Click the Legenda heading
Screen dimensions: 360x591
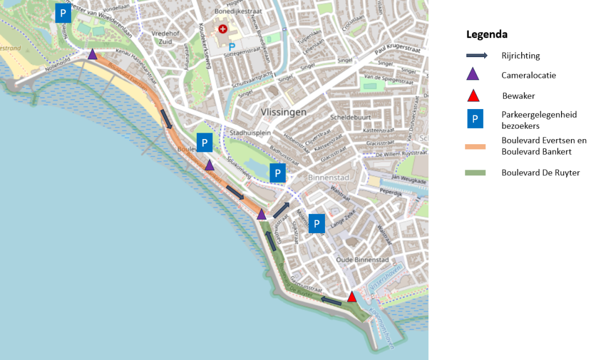pos(487,35)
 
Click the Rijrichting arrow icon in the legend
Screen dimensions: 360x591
pos(477,56)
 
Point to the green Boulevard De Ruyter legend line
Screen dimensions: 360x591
pos(476,172)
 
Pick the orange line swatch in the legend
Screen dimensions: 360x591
pos(476,146)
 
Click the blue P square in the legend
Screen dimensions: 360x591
pos(474,119)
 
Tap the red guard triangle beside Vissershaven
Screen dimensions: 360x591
pos(351,297)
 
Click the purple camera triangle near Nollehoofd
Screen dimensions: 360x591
pos(92,54)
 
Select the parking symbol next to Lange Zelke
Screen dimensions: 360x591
pos(317,223)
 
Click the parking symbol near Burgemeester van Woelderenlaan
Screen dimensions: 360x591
pos(63,13)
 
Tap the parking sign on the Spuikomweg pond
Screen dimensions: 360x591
pos(278,172)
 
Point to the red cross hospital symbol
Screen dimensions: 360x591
pos(223,28)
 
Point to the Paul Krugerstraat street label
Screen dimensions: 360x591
pos(396,55)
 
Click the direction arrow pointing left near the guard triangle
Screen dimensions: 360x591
pos(331,300)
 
